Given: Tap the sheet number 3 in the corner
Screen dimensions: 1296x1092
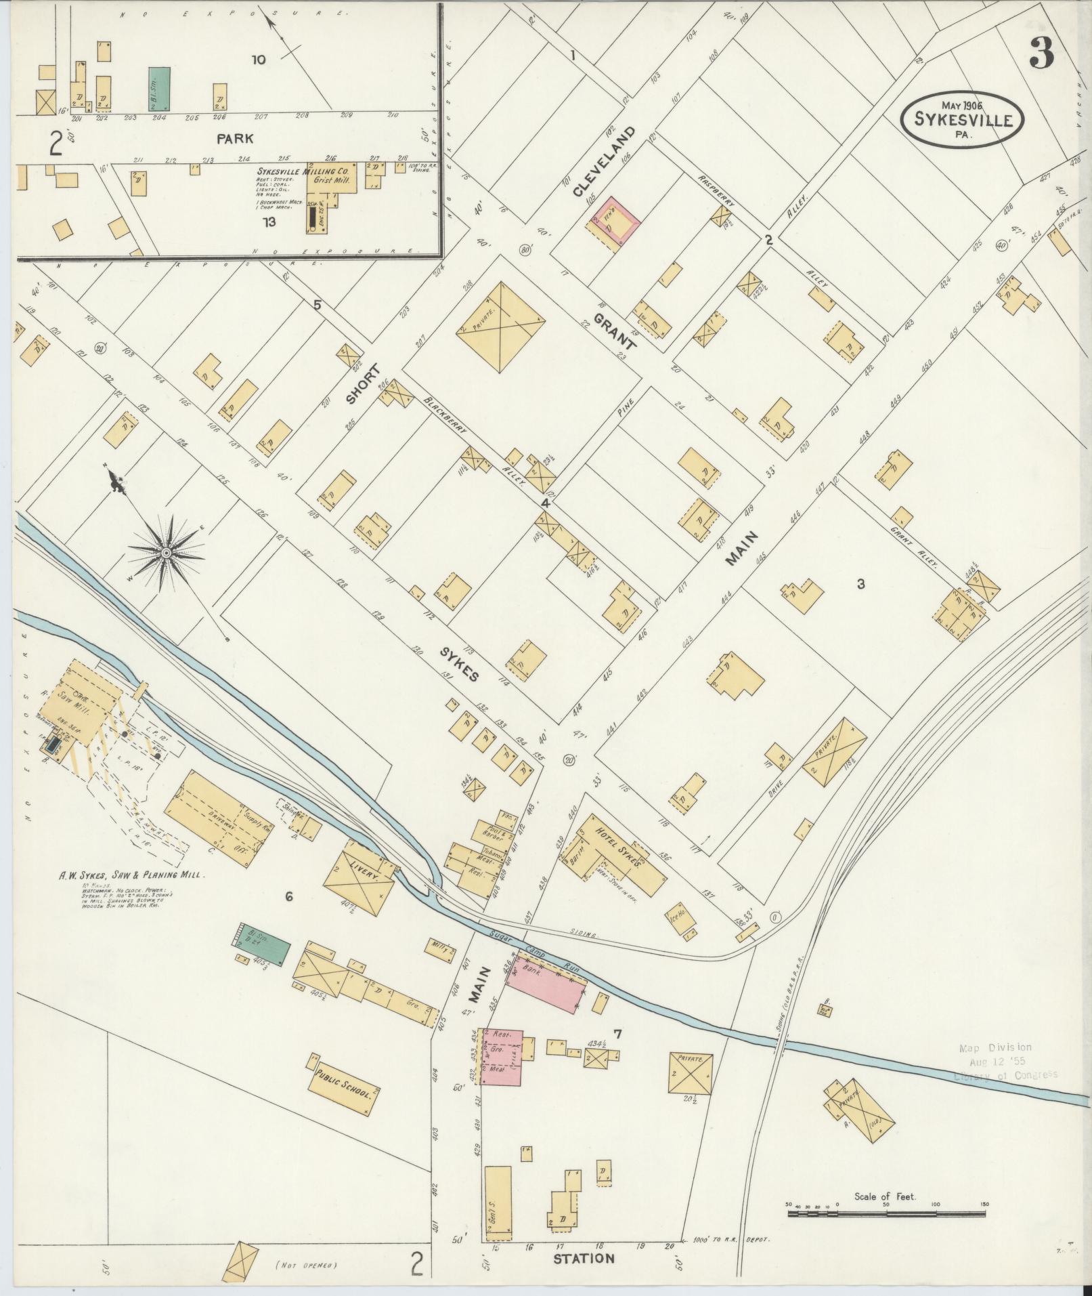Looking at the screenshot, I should pos(1042,52).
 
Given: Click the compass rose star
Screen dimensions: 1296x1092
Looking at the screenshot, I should pos(165,553).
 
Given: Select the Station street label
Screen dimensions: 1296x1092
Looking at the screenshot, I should pos(584,1259).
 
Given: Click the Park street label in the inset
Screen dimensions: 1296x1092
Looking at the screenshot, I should pos(235,138).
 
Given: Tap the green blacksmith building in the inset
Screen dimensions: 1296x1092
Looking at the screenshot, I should pos(160,89).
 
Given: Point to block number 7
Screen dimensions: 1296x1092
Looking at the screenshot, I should pos(617,1033).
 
